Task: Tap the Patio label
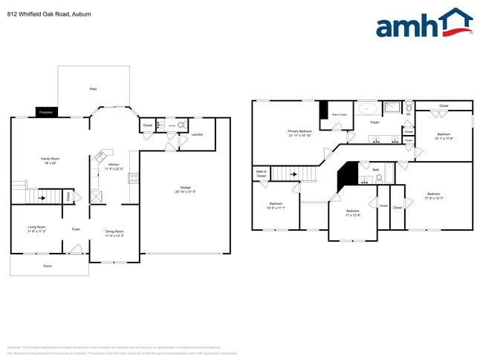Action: (x=93, y=89)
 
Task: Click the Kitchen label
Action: (x=114, y=164)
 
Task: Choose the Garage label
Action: (x=185, y=187)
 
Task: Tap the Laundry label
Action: (x=197, y=134)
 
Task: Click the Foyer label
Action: (x=76, y=229)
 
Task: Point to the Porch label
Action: (x=48, y=266)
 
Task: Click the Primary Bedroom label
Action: (x=299, y=131)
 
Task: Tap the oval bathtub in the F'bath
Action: (x=369, y=110)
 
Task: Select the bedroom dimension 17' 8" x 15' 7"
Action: (x=434, y=198)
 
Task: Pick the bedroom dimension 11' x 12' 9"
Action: (x=353, y=215)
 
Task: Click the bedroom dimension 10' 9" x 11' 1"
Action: (x=276, y=208)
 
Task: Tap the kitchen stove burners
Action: (x=133, y=178)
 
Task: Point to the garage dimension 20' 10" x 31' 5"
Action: (x=185, y=191)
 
